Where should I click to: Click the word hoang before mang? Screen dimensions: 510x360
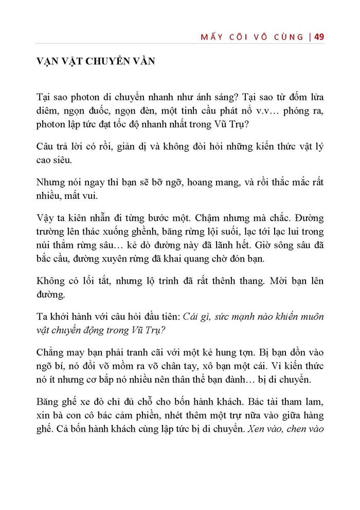point(178,183)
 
